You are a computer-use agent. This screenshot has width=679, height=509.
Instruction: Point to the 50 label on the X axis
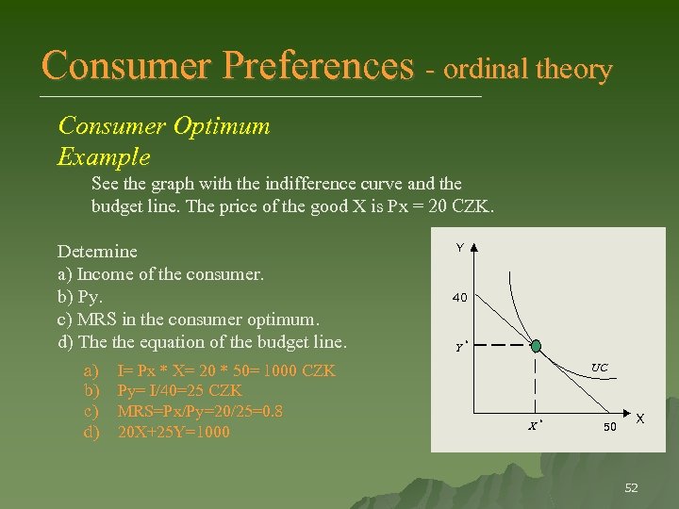pyautogui.click(x=611, y=427)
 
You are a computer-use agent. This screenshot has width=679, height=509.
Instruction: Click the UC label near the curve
pyautogui.click(x=599, y=367)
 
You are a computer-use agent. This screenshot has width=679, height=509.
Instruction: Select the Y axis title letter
pyautogui.click(x=459, y=247)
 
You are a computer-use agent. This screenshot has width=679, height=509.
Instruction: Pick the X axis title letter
pyautogui.click(x=640, y=418)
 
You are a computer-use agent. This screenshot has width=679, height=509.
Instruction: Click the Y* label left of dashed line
pyautogui.click(x=460, y=347)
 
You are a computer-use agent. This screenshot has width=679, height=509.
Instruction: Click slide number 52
pyautogui.click(x=631, y=487)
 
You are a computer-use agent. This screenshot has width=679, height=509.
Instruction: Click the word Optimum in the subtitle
pyautogui.click(x=225, y=125)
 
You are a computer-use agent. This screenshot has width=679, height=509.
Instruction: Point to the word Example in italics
pyautogui.click(x=104, y=156)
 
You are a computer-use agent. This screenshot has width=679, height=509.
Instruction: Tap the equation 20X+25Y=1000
pyautogui.click(x=174, y=433)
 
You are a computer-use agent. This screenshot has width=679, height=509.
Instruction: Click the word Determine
pyautogui.click(x=97, y=252)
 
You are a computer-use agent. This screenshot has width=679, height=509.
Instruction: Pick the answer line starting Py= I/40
pyautogui.click(x=179, y=391)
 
